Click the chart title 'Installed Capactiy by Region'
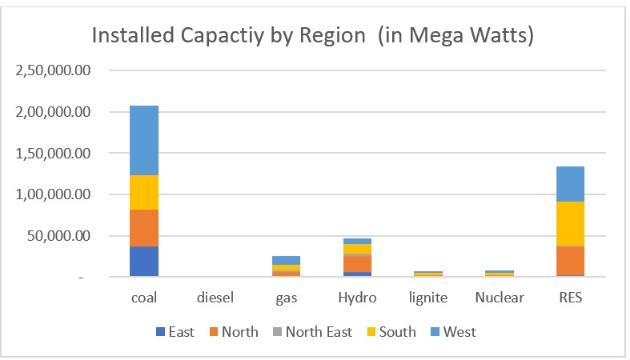coord(313,37)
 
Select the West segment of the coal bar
coord(144,140)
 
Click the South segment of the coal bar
coord(144,192)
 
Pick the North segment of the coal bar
coord(144,228)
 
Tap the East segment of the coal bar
coord(144,262)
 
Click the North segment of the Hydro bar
coord(357,263)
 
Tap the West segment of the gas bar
coord(286,260)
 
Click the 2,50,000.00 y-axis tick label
coord(54,70)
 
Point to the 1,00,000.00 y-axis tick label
coord(54,194)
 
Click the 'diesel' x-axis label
coord(215,298)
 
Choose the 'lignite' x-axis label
coord(428,298)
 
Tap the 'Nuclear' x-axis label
coord(499,298)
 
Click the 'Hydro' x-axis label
coord(357,298)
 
